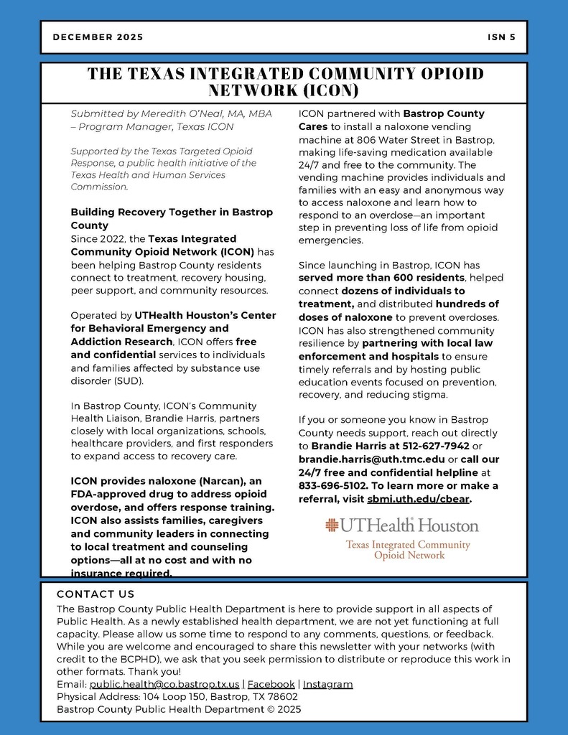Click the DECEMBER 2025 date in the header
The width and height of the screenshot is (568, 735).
[x=98, y=37]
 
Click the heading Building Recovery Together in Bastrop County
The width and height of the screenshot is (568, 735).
[x=172, y=218]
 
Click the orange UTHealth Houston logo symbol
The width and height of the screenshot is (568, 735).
[x=332, y=525]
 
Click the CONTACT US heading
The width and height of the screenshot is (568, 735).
[x=96, y=594]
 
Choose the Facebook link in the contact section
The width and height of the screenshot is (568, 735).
[x=271, y=684]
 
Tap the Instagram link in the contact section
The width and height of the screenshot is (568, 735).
[x=327, y=684]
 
